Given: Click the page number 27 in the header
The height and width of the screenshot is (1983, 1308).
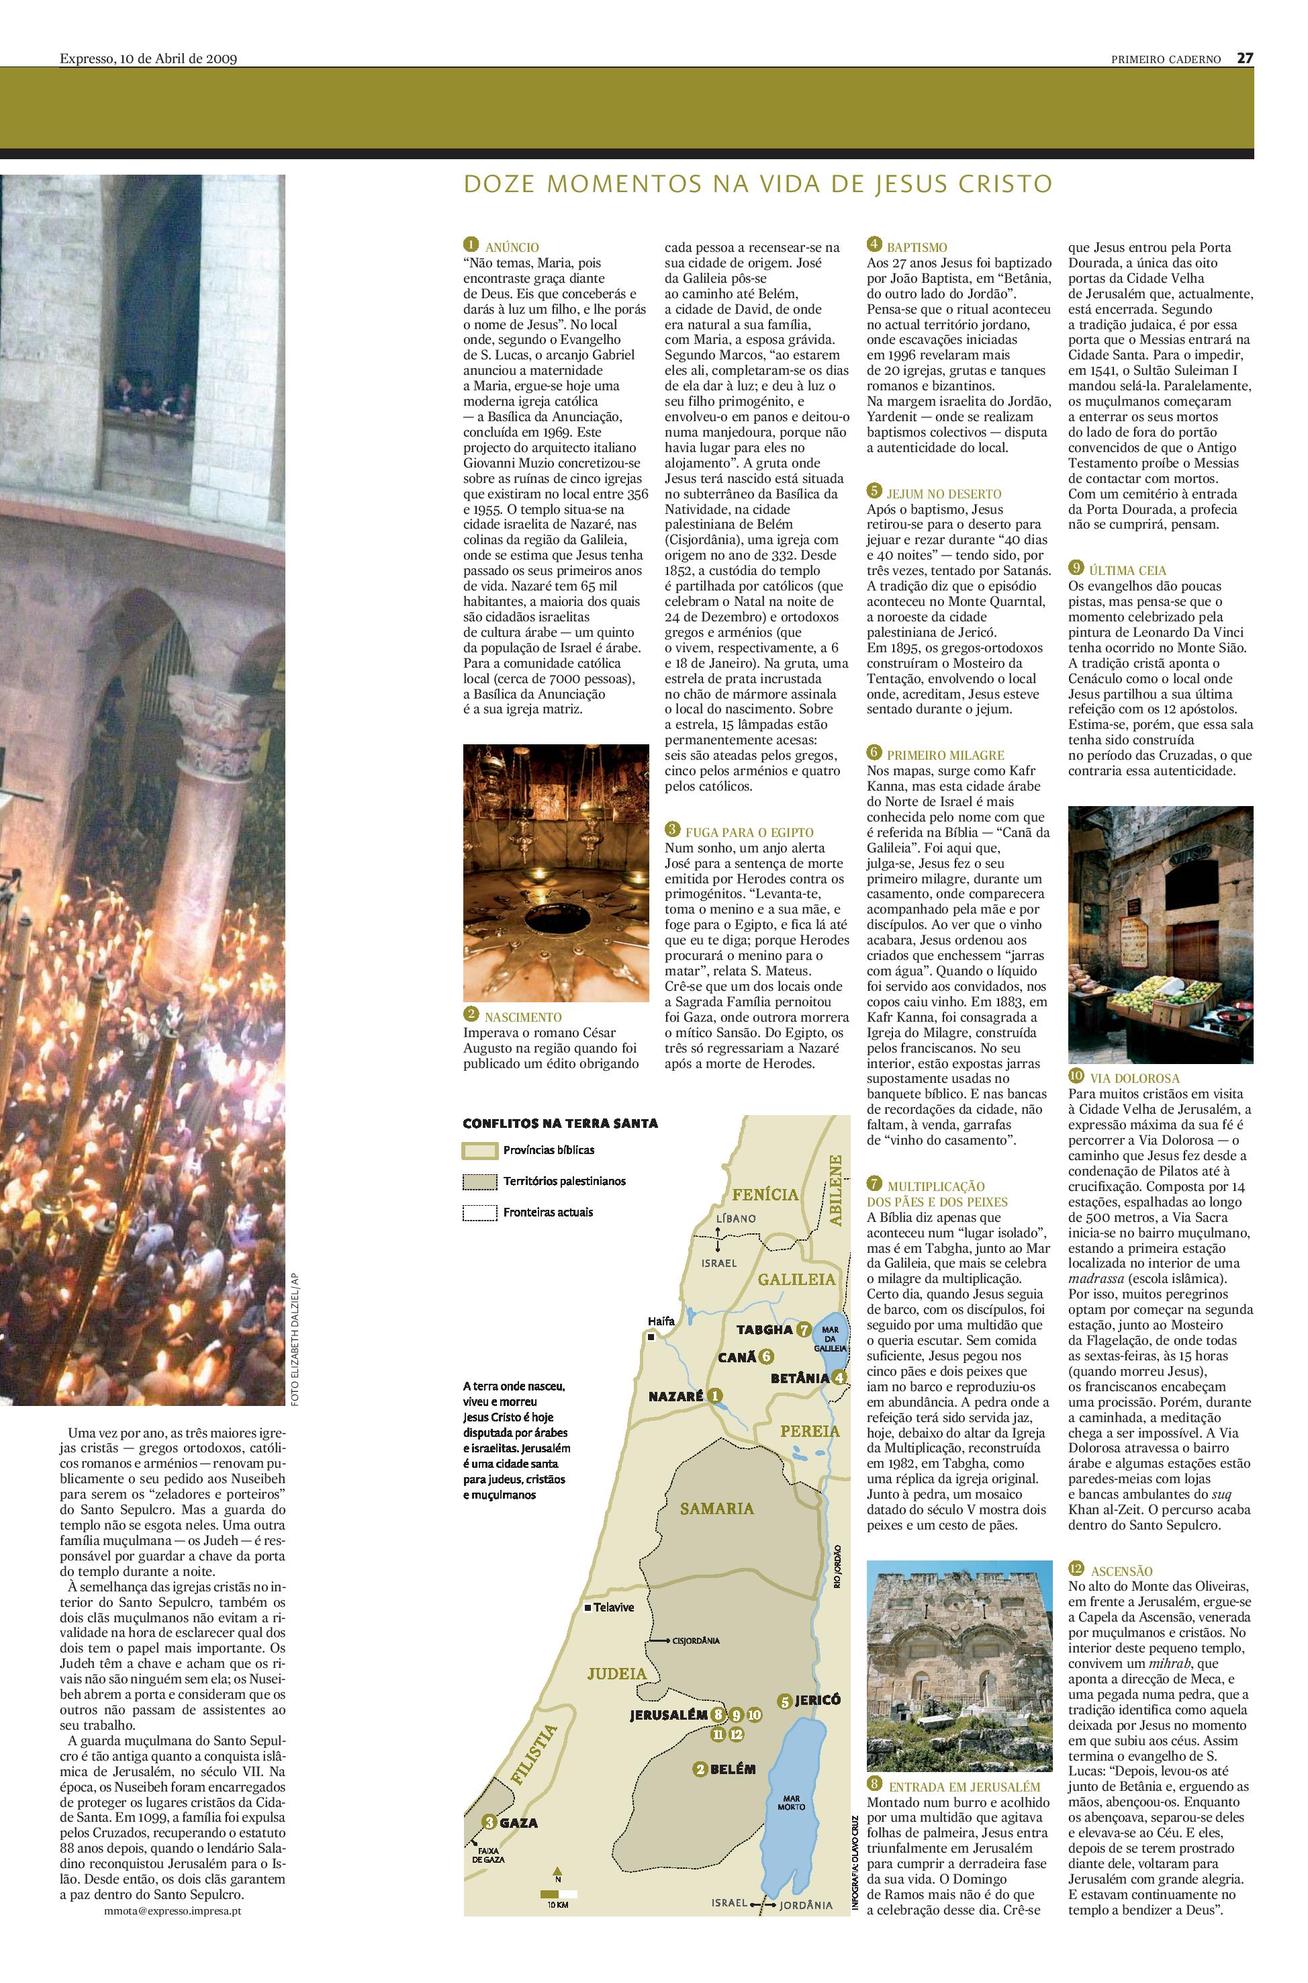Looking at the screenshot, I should tap(1245, 58).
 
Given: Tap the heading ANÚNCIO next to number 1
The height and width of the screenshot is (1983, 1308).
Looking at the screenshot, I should tap(512, 247).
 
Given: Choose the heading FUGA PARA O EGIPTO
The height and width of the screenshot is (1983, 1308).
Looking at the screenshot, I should tap(749, 832).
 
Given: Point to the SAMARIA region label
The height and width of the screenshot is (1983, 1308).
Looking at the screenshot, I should tap(716, 1507).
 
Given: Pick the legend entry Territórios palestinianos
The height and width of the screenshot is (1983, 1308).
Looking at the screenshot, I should tap(564, 1181).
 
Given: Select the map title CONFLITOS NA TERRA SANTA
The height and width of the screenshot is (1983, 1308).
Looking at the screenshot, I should tap(560, 1122).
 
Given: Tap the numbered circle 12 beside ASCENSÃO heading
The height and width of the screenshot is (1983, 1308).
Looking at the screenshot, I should tap(1076, 1570).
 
